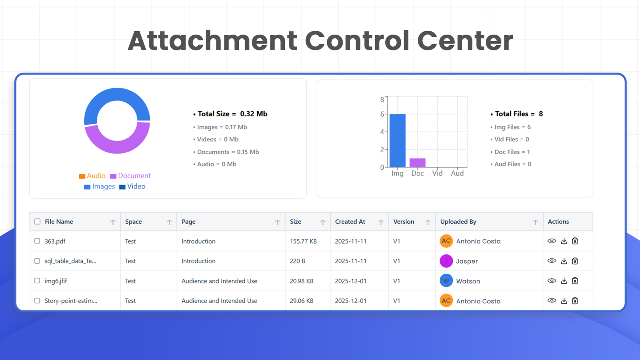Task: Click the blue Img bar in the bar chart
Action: point(397,140)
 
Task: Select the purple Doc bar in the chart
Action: point(417,163)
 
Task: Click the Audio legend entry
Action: point(92,176)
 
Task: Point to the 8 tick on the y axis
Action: point(382,100)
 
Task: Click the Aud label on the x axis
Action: point(457,173)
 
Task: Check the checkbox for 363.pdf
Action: point(37,241)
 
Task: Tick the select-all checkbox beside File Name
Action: point(38,222)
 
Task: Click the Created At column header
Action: point(350,222)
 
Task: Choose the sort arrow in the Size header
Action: point(323,222)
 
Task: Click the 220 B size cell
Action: point(297,261)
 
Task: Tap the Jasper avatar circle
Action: point(446,261)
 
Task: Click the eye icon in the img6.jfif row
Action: point(552,281)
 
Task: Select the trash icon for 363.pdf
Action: point(575,241)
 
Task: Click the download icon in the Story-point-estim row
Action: point(564,301)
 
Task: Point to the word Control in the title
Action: point(357,41)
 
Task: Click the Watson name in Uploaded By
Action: point(468,281)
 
